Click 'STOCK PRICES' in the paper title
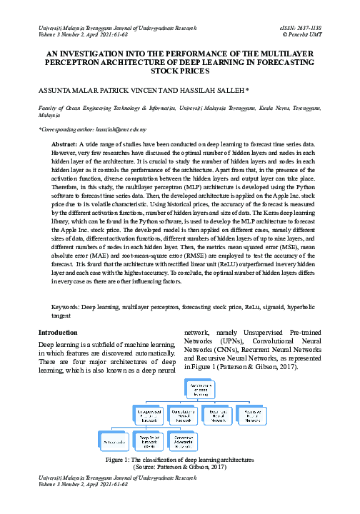tap(179, 72)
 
